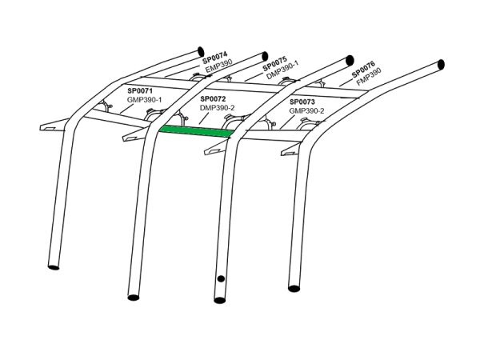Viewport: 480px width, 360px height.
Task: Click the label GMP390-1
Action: tap(144, 100)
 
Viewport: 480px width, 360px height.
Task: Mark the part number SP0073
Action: tap(303, 102)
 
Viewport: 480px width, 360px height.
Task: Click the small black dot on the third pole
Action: tap(219, 279)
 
